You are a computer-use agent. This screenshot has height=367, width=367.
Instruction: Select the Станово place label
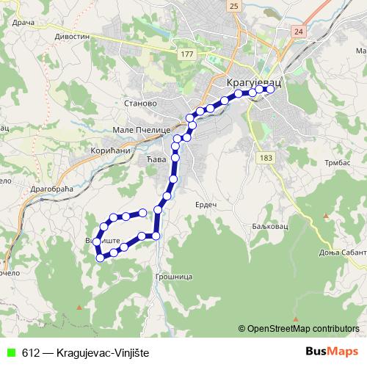pos(142,103)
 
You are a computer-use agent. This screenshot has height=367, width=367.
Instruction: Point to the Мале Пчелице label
pos(142,129)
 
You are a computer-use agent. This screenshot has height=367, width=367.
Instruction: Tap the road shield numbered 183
pos(265,158)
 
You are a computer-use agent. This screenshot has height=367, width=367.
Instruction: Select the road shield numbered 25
pos(234,6)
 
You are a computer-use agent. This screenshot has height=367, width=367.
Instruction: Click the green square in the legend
pos(10,353)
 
